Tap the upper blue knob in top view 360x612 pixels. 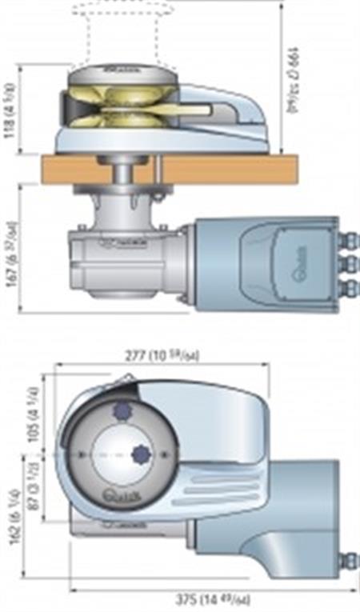tap(122, 410)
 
